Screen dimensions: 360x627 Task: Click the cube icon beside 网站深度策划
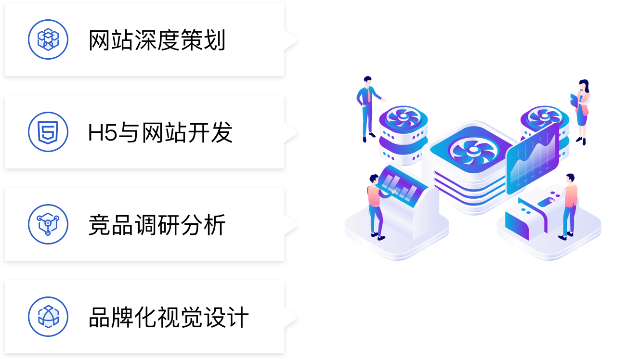[48, 39]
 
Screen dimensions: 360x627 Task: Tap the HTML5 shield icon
[48, 132]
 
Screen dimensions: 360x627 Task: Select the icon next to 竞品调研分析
[48, 224]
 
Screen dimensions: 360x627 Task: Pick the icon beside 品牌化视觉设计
[48, 317]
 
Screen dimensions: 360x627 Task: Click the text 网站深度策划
[157, 40]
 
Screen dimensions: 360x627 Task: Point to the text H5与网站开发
[160, 133]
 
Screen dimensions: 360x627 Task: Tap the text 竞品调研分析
[157, 225]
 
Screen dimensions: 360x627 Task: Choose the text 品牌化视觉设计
[169, 318]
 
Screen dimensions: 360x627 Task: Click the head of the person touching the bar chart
[374, 179]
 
